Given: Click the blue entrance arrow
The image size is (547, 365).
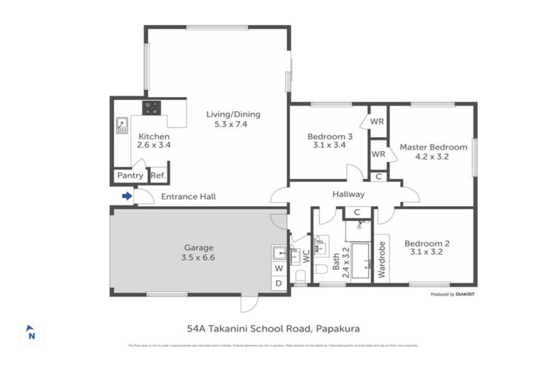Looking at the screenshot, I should (x=127, y=196).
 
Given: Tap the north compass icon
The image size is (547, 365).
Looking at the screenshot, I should (x=31, y=333).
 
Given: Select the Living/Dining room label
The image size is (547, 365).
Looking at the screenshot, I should (x=233, y=114).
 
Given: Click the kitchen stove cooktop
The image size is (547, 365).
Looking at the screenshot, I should (x=151, y=108).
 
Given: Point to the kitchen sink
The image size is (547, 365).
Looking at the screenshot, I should (x=122, y=125).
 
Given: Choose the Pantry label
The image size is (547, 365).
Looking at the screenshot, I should (x=129, y=175).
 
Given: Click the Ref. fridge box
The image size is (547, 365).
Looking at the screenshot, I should (x=157, y=175).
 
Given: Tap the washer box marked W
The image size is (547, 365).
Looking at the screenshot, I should (x=278, y=268).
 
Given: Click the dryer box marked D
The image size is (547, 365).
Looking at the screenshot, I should (x=278, y=283).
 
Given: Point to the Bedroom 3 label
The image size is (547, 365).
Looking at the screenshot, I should (x=329, y=137).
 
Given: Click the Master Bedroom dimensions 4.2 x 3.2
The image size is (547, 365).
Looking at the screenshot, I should (x=433, y=158).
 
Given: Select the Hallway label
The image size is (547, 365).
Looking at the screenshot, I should (x=348, y=194).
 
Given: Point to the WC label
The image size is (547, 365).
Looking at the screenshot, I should (x=306, y=255).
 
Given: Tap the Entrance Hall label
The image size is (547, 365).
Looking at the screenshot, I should (x=188, y=197).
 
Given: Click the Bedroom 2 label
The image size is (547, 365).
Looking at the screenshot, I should (x=427, y=243).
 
